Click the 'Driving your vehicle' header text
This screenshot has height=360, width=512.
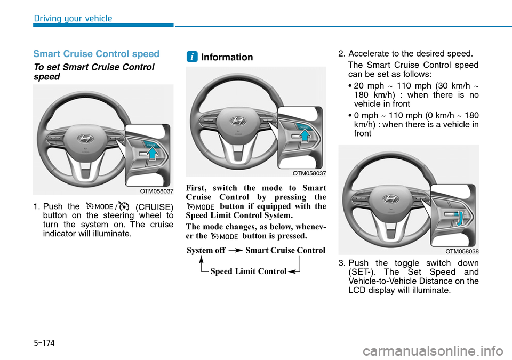pos(73,19)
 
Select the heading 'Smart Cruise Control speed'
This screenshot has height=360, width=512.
pos(96,54)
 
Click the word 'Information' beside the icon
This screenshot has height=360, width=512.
pos(227,57)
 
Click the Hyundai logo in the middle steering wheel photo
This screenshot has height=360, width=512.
pos(238,121)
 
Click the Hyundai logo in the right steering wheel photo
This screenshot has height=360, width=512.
pos(391,199)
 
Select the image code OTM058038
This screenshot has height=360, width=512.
pos(462,251)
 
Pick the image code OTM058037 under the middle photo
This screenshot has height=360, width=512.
pos(309,173)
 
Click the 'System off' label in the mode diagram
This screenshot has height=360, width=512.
pos(206,250)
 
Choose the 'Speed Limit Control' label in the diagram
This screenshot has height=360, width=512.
pos(248,271)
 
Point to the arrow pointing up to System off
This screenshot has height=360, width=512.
pos(202,261)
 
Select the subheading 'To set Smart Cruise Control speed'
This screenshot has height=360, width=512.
pos(93,71)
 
